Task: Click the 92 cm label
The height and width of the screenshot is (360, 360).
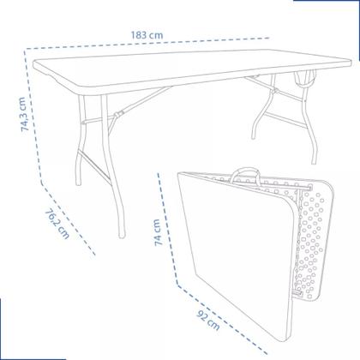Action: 208,325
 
